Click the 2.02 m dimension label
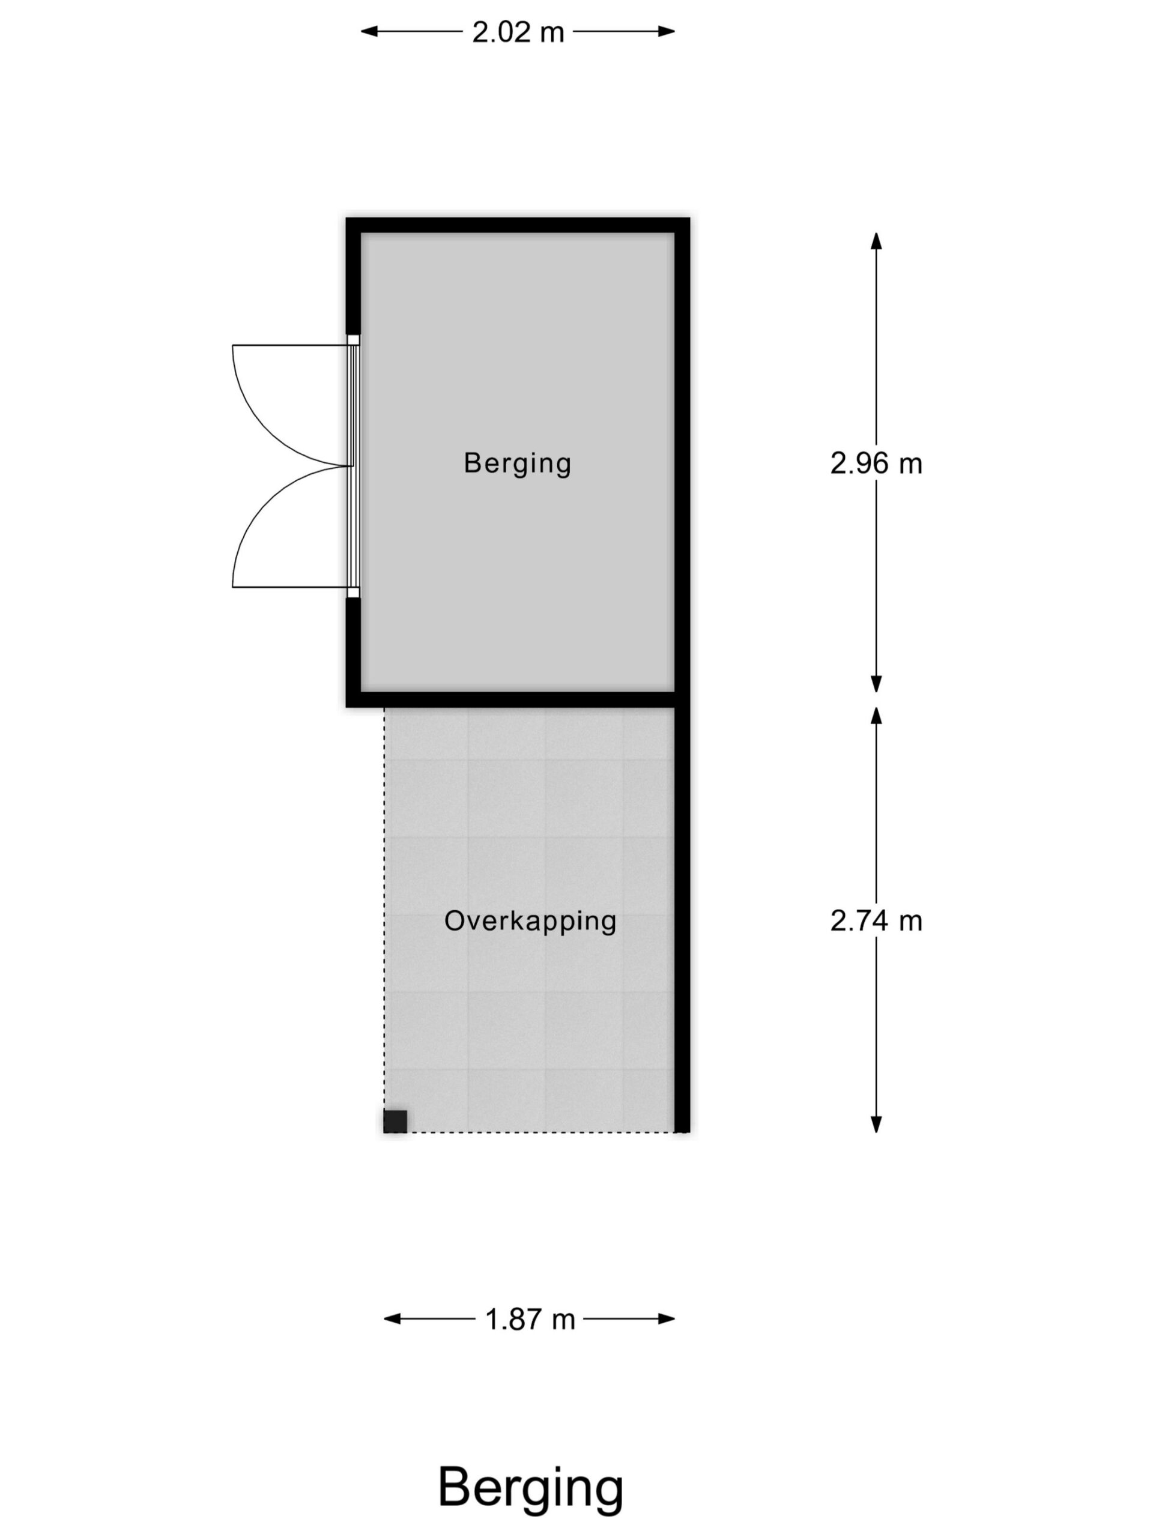518,32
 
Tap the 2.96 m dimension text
876,464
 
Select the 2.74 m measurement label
876,922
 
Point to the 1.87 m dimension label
530,1319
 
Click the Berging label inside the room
517,464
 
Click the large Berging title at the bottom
530,1487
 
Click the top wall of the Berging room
518,225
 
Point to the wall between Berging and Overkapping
511,699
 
